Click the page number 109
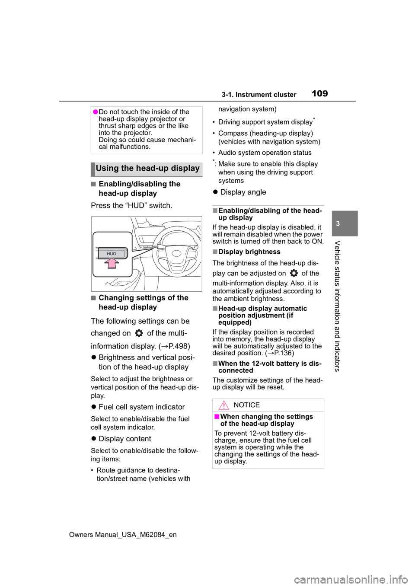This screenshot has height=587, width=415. tap(319, 93)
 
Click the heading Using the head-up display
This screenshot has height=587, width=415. tap(147, 168)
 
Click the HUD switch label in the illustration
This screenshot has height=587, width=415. tap(112, 254)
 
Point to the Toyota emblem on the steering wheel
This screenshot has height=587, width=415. tap(176, 253)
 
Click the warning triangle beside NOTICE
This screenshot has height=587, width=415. tap(223, 405)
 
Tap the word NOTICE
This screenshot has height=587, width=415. tap(246, 405)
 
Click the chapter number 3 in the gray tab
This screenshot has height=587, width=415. tap(338, 223)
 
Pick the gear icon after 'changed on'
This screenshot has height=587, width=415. tap(139, 333)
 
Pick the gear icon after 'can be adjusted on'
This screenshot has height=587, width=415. tap(294, 273)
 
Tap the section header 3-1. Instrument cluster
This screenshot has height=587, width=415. tap(259, 95)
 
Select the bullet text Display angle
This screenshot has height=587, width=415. tap(243, 192)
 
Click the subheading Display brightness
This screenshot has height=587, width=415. tap(249, 252)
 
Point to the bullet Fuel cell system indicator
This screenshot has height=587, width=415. tap(142, 407)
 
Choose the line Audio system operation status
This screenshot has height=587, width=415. tap(265, 153)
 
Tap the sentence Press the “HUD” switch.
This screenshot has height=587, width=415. tap(131, 205)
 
